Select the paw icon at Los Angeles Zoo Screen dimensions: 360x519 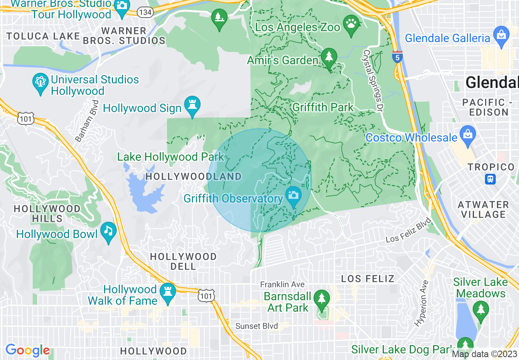coord(351,23)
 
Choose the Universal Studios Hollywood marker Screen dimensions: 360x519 coord(40,82)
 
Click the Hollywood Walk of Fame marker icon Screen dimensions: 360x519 coord(168,292)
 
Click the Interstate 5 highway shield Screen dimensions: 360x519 coord(397,57)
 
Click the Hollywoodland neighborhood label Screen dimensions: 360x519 coord(194,177)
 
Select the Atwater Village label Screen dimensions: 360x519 coord(483,209)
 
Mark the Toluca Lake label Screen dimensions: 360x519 coord(43,36)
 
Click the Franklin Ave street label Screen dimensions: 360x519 coord(282,284)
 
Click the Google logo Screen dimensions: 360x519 coord(28,351)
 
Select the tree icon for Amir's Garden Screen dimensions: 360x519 coord(329,57)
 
